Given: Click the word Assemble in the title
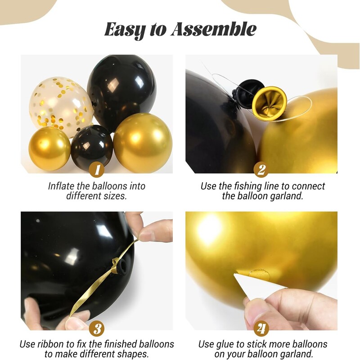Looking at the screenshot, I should (x=214, y=30).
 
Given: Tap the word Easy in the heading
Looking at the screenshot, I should (x=125, y=30).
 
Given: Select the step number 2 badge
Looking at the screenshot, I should (x=261, y=171).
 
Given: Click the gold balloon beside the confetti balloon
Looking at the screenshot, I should (x=49, y=148).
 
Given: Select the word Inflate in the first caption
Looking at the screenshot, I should (x=63, y=186).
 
